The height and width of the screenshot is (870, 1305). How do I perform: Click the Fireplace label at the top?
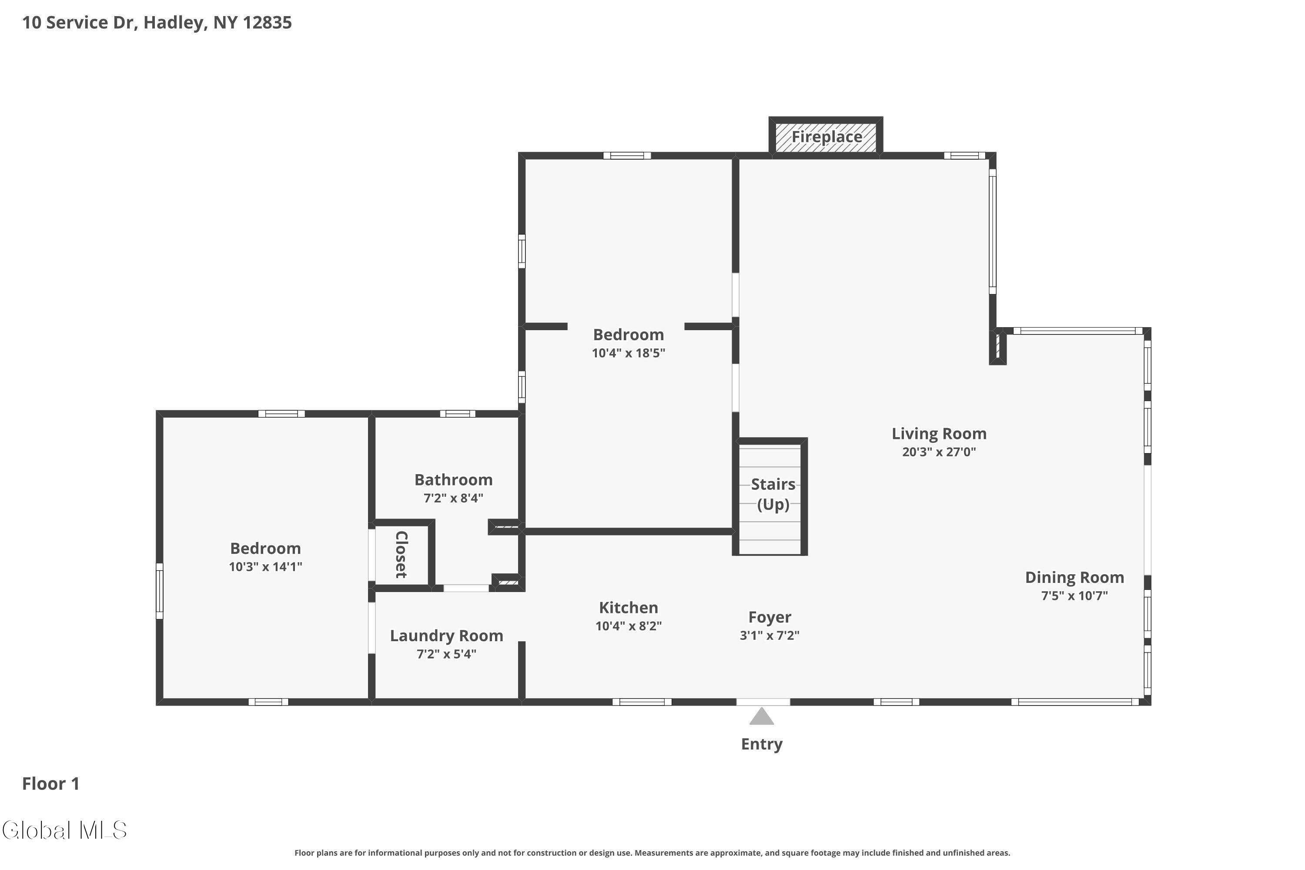pyautogui.click(x=827, y=137)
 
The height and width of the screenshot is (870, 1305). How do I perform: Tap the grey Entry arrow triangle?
pyautogui.click(x=762, y=716)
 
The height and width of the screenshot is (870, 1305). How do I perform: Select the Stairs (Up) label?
pyautogui.click(x=773, y=494)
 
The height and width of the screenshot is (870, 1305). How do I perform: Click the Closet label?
pyautogui.click(x=401, y=554)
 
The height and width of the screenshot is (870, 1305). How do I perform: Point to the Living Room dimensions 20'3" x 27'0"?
pyautogui.click(x=939, y=452)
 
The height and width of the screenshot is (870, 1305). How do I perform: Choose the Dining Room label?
pyautogui.click(x=1074, y=578)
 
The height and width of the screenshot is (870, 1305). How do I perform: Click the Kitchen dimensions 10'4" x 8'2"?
pyautogui.click(x=629, y=626)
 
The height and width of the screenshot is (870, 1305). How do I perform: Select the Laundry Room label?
pyautogui.click(x=447, y=636)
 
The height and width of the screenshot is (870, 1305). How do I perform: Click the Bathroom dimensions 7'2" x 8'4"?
pyautogui.click(x=453, y=498)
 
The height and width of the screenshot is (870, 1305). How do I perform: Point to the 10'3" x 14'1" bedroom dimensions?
pyautogui.click(x=266, y=566)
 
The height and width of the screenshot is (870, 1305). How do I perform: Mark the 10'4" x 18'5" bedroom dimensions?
pyautogui.click(x=629, y=353)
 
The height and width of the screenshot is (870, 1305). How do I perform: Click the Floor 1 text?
pyautogui.click(x=51, y=783)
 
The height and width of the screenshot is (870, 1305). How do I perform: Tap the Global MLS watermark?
pyautogui.click(x=65, y=830)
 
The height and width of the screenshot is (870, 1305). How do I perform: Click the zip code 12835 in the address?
pyautogui.click(x=267, y=22)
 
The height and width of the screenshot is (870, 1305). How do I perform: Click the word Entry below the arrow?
pyautogui.click(x=762, y=744)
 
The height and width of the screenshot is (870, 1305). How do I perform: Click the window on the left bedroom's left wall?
pyautogui.click(x=159, y=591)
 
